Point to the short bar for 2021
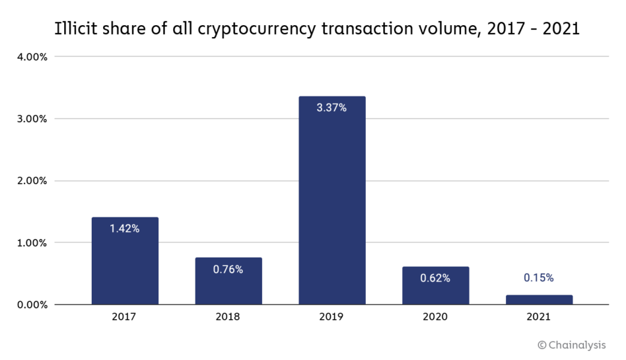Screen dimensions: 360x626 539,300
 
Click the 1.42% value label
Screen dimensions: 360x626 125,229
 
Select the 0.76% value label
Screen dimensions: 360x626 228,269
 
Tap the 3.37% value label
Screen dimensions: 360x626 331,108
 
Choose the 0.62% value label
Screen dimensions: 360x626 435,278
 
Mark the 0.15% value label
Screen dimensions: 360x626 539,278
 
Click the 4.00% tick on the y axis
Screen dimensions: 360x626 32,57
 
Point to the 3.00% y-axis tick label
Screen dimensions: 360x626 32,119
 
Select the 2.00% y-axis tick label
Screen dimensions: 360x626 32,181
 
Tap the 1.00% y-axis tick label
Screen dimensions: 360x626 32,242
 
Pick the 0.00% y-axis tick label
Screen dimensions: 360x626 32,305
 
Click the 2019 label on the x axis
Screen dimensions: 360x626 331,317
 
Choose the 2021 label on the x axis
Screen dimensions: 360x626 539,317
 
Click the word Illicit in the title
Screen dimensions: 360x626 75,30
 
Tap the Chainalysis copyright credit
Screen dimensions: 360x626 571,344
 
